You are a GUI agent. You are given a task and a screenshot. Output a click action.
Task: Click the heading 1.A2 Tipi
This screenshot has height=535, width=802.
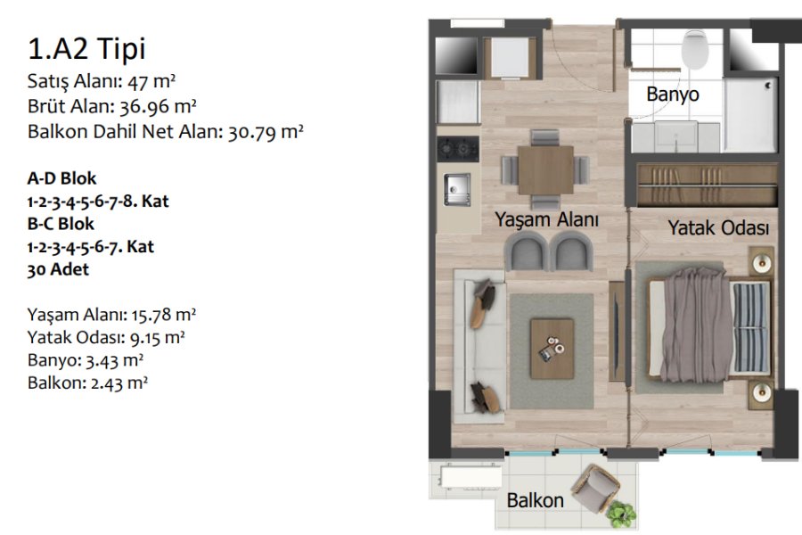tap(86, 49)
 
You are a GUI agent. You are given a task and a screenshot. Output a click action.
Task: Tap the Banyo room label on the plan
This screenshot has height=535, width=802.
tap(673, 95)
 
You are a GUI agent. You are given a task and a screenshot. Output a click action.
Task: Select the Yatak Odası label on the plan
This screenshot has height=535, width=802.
tap(718, 228)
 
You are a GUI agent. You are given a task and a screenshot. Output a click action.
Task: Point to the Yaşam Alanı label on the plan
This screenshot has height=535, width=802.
tap(546, 219)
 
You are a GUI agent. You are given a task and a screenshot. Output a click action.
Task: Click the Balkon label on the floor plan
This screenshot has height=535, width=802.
tap(535, 500)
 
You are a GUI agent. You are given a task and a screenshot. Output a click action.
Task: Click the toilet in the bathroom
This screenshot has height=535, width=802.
tap(695, 49)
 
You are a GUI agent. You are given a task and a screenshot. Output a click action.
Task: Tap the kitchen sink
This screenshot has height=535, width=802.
tap(457, 189)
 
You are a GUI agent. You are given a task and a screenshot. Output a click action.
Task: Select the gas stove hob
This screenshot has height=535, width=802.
tap(458, 149)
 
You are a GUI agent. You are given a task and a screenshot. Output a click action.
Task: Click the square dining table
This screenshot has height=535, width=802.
tap(545, 170)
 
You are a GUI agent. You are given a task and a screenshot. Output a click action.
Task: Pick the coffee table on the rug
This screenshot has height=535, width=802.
tap(552, 349)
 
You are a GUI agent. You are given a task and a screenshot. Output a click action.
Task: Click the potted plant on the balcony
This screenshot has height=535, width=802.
tap(621, 514)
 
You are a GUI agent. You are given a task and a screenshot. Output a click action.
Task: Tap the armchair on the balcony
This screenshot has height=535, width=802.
tap(595, 488)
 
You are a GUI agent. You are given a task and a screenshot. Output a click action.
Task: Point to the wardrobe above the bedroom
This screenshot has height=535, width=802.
tap(708, 185)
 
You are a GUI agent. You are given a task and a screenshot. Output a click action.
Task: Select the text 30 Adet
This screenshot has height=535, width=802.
tap(58, 269)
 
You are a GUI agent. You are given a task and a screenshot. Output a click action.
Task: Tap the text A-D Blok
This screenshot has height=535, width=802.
tap(61, 178)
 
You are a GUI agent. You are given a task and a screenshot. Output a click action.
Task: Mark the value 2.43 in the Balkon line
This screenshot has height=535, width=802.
tap(106, 383)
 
